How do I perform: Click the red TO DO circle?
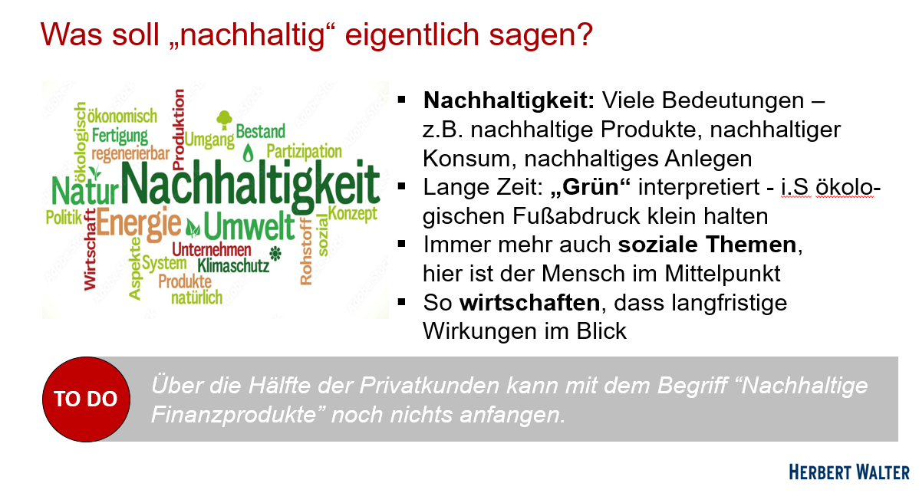click(x=86, y=399)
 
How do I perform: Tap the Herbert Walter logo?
click(x=848, y=472)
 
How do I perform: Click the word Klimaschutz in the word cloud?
click(x=233, y=266)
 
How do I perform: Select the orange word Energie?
click(x=139, y=224)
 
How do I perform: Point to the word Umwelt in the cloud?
click(x=249, y=227)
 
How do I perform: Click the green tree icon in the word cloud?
click(x=225, y=120)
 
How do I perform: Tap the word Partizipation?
click(x=305, y=152)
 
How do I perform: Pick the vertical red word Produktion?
click(x=179, y=125)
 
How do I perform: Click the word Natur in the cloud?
click(x=85, y=190)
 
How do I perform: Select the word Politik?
click(x=64, y=218)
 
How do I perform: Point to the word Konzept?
click(x=353, y=214)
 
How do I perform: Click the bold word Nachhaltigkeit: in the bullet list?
click(x=509, y=100)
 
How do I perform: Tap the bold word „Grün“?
click(x=591, y=187)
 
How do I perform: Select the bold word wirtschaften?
click(x=530, y=303)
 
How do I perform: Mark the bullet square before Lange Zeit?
click(x=401, y=187)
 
